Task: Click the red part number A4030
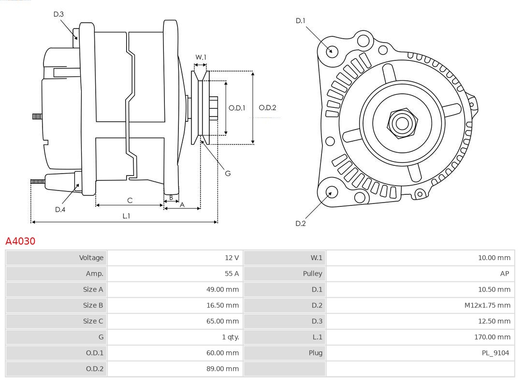point(20,241)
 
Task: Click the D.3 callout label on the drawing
point(58,15)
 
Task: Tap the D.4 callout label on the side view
point(60,209)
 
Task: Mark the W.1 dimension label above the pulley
point(201,57)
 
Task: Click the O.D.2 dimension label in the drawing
point(267,108)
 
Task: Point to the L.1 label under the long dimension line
point(126,216)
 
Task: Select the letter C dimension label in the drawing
point(130,200)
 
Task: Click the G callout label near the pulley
point(228,173)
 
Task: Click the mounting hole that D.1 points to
point(332,51)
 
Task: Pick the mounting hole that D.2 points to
point(331,192)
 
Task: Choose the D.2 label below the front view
point(300,223)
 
